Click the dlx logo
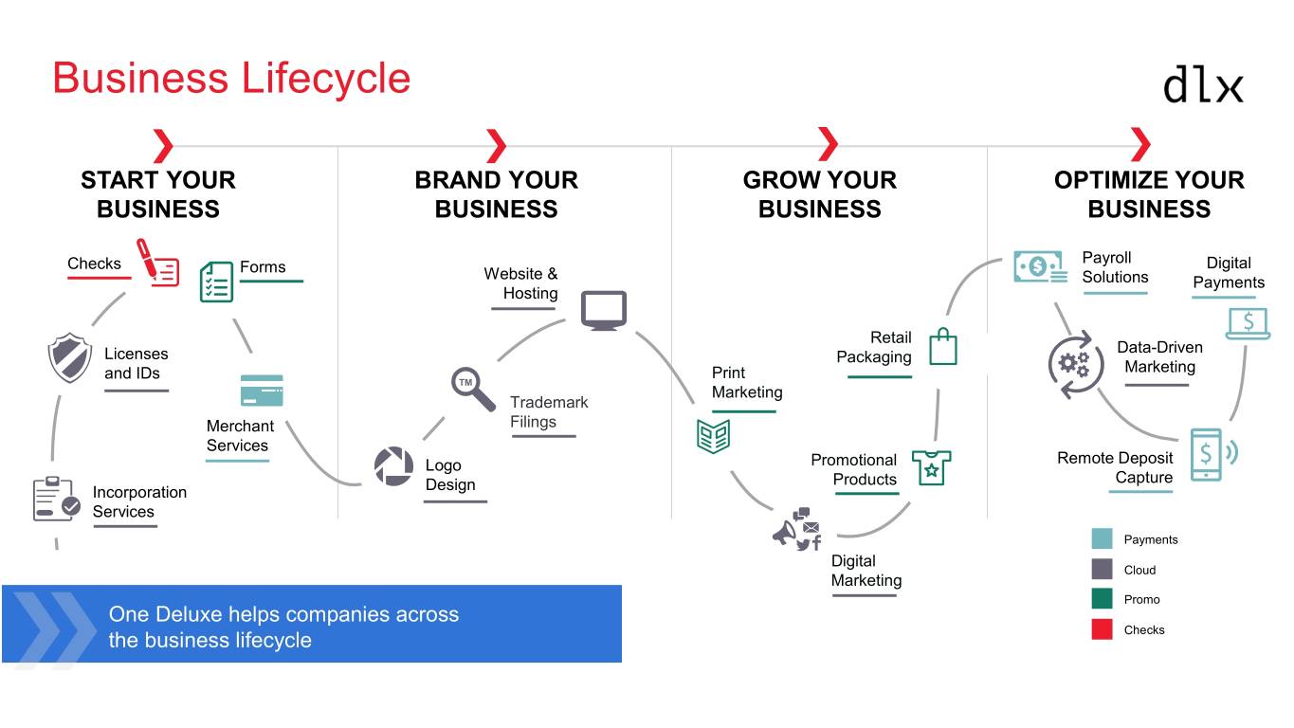tap(1202, 84)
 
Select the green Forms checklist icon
tap(216, 282)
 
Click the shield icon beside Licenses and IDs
tap(69, 358)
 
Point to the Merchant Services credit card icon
tap(262, 390)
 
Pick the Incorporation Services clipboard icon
tap(56, 500)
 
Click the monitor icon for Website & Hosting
tap(604, 310)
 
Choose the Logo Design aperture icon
tap(393, 466)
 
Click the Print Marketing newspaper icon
tap(713, 435)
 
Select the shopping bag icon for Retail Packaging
tap(942, 346)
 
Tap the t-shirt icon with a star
tap(931, 467)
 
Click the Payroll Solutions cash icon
tap(1039, 267)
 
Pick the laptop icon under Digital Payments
tap(1248, 323)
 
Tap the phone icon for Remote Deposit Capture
tap(1208, 454)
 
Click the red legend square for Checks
tap(1102, 629)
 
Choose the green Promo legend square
tap(1102, 599)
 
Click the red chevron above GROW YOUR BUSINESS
tap(828, 145)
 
